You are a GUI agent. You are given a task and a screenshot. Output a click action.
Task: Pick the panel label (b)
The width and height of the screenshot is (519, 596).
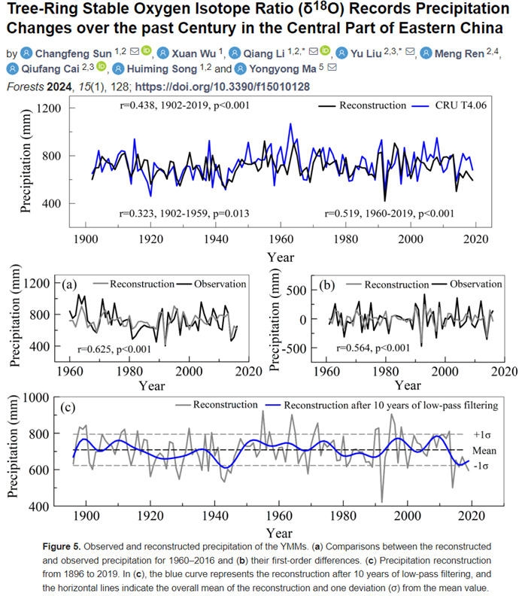(327, 284)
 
